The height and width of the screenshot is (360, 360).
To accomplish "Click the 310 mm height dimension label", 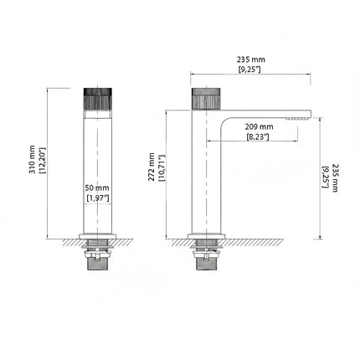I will (x=32, y=159).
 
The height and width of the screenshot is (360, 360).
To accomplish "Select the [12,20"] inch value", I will (x=43, y=159).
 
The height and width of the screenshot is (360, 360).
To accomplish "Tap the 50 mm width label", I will (x=98, y=188).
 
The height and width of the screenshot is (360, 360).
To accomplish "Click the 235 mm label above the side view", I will (x=250, y=59).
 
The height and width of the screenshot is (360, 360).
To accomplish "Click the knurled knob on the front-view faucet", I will (x=98, y=101).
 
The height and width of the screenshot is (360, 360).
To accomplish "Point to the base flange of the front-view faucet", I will (x=98, y=234).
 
